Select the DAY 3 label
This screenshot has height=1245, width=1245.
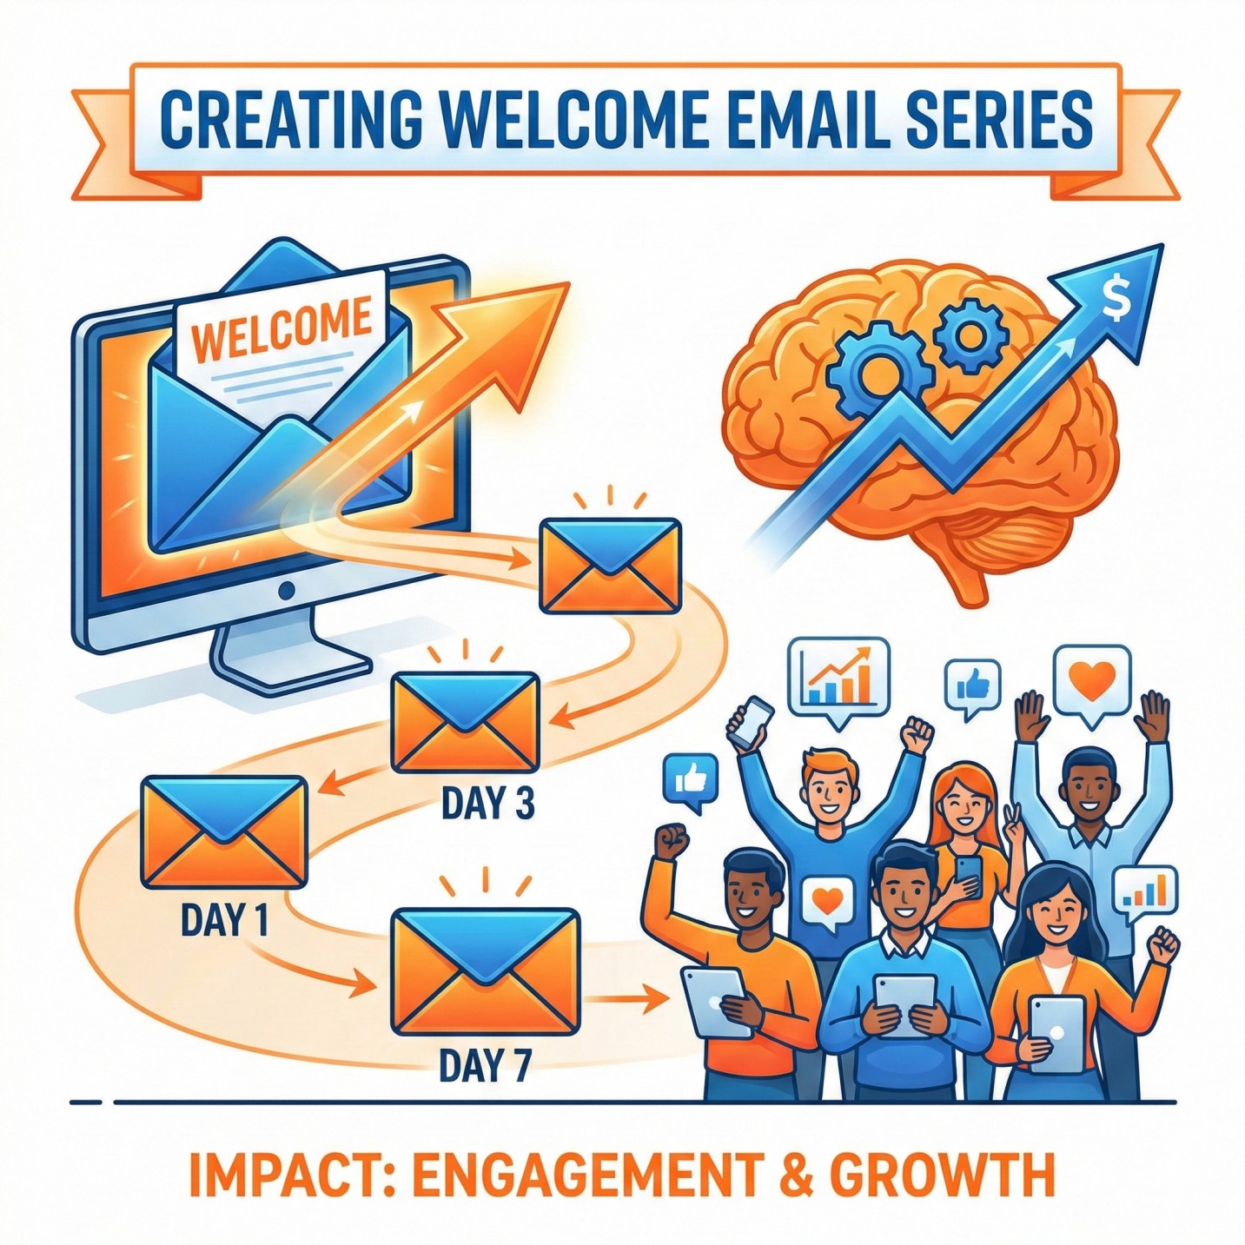(487, 803)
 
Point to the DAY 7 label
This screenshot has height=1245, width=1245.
(485, 1066)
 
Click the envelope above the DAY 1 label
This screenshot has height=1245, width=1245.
(224, 831)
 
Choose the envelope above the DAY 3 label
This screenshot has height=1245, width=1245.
(465, 722)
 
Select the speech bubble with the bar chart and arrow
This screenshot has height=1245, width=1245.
(838, 679)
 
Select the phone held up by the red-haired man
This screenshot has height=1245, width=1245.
(752, 723)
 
